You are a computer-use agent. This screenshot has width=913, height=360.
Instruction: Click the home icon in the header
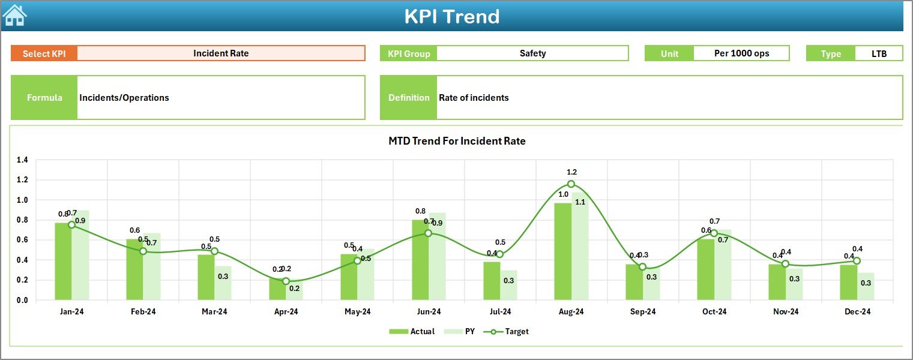(14, 15)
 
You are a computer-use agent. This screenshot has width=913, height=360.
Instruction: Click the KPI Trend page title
(451, 16)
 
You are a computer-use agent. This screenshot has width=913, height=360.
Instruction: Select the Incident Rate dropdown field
(221, 53)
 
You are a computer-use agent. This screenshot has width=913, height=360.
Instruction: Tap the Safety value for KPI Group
(532, 53)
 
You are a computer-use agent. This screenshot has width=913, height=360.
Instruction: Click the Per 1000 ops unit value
(741, 53)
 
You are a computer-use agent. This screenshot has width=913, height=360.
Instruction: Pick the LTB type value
(879, 53)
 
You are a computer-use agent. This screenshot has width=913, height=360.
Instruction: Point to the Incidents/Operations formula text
(124, 98)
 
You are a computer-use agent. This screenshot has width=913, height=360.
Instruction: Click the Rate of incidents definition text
(474, 98)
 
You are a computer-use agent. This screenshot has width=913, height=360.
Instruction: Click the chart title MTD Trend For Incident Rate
(457, 142)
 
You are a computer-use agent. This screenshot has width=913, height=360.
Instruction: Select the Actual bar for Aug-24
(562, 252)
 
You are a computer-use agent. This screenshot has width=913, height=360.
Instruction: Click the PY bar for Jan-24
(80, 258)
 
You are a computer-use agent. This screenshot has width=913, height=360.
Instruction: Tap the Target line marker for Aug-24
(571, 184)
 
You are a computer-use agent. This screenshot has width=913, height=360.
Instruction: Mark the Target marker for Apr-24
(286, 281)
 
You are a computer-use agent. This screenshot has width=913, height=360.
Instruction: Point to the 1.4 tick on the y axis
(22, 160)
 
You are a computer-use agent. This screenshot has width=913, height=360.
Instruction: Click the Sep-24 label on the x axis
(642, 312)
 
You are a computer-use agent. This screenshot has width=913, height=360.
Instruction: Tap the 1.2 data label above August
(571, 172)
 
